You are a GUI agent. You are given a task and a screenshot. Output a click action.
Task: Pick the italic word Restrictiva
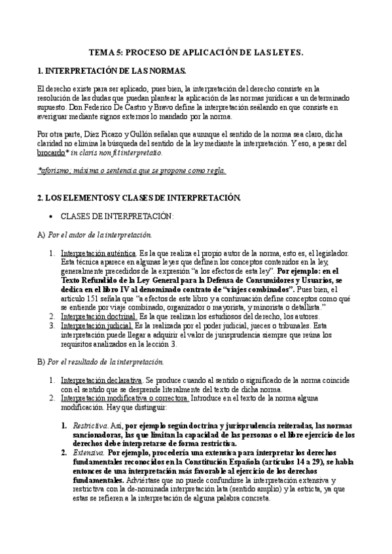[x=86, y=425]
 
